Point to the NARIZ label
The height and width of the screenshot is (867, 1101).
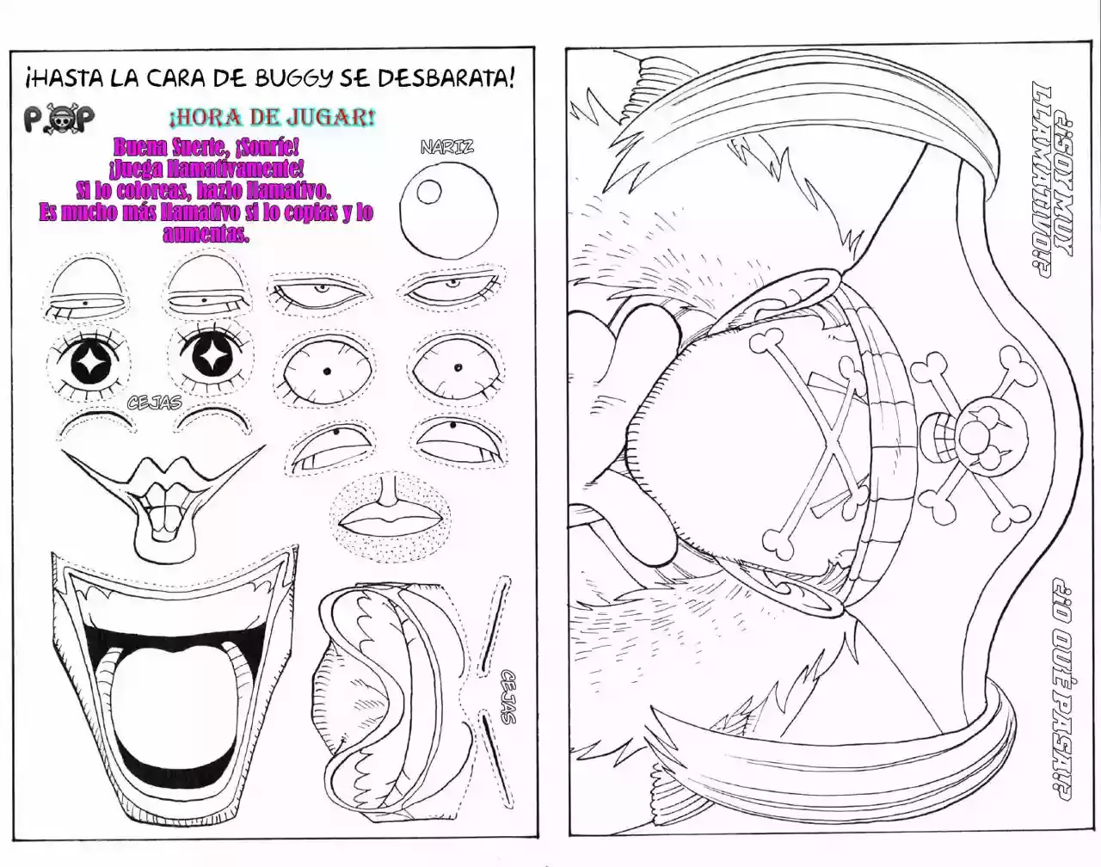click(446, 147)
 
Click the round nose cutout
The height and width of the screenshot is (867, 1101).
click(449, 208)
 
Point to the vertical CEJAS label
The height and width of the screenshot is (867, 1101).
click(508, 696)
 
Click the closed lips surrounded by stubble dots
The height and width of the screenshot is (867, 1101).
click(390, 518)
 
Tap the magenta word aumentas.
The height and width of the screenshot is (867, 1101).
click(206, 233)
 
